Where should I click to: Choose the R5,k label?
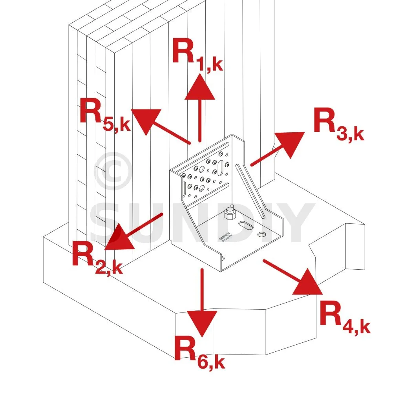point(104,114)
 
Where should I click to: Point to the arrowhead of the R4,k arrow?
point(308,283)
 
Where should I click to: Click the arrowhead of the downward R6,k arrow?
point(202,322)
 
